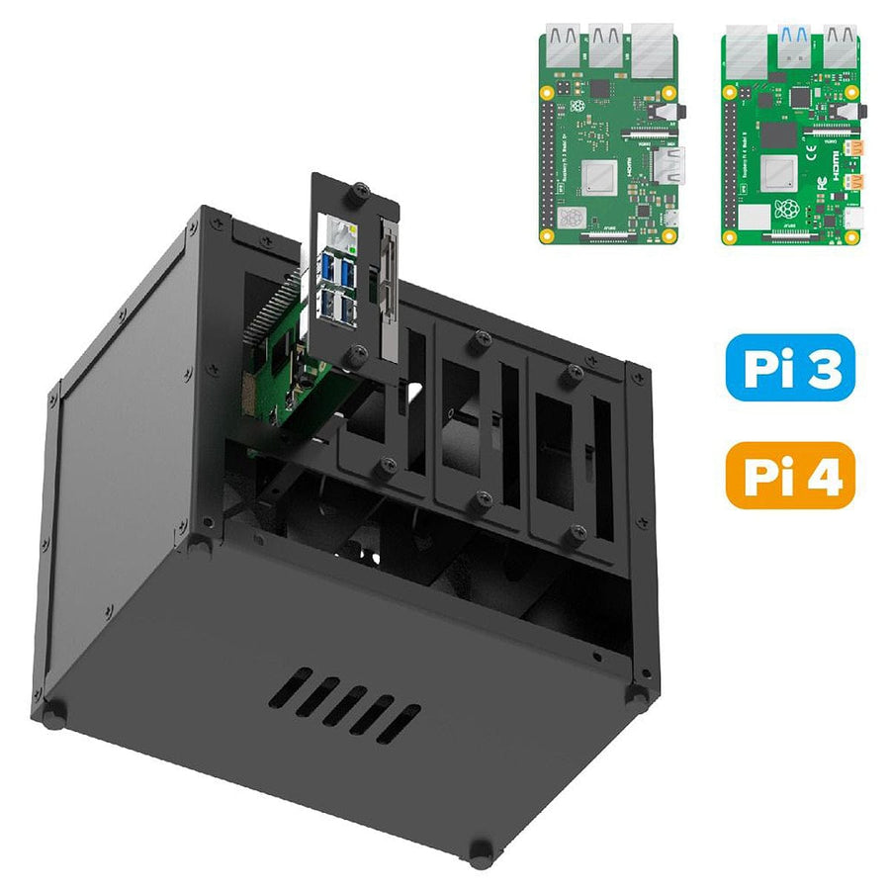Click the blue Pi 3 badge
[789, 367]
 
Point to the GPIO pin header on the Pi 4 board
[733, 158]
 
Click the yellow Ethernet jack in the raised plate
[342, 236]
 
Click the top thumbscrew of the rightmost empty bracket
[573, 373]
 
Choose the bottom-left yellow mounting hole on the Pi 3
[547, 236]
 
